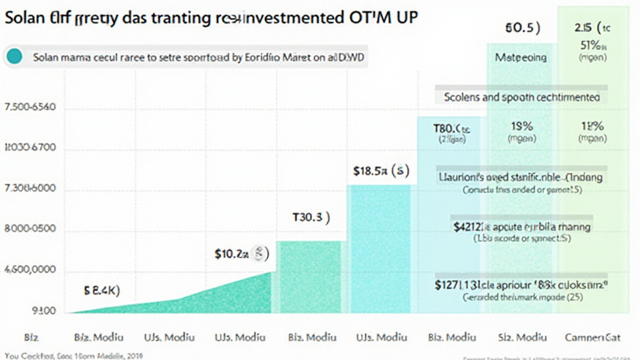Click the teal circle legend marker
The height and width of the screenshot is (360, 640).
tap(14, 57)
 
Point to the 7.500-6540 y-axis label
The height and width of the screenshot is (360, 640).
tap(30, 108)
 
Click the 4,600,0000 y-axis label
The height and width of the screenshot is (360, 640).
tap(30, 272)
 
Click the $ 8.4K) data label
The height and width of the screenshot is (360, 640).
tap(101, 290)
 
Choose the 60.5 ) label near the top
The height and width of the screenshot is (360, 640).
tap(521, 28)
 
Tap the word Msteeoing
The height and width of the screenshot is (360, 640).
tap(521, 57)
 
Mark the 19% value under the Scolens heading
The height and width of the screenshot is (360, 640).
tap(521, 126)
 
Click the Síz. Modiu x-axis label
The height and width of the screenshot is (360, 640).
tap(521, 337)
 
